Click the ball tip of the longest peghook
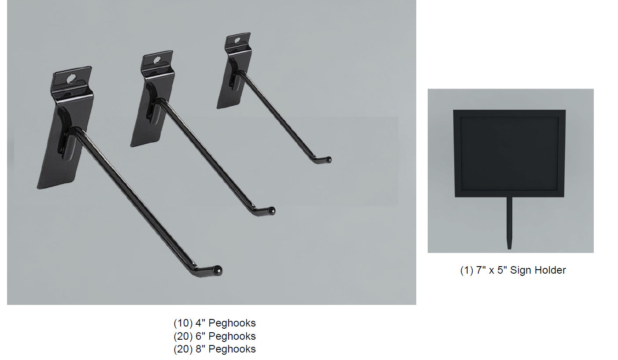[x=218, y=270]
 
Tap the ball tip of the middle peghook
[x=271, y=211]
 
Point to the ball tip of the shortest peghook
[x=328, y=160]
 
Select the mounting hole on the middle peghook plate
[x=157, y=60]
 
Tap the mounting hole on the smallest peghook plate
[x=237, y=40]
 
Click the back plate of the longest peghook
[x=66, y=127]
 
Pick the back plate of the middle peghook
[x=152, y=99]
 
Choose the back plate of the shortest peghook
[x=234, y=71]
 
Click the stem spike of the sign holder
[x=509, y=223]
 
